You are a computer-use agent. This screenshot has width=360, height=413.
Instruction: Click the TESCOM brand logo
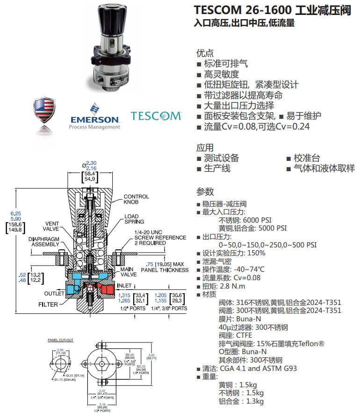tap(156, 116)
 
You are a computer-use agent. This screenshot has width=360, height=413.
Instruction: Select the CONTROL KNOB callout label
tap(136, 200)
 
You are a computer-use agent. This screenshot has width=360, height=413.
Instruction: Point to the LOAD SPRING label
tap(134, 219)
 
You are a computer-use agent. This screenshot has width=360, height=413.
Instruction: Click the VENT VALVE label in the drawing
tap(55, 226)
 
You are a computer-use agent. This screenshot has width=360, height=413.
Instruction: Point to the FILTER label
tap(48, 304)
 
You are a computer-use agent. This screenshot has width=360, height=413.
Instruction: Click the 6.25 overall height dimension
tap(15, 213)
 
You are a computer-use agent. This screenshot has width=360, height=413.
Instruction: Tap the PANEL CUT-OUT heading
tap(58, 340)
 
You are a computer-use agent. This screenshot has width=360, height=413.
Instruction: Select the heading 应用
tap(205, 148)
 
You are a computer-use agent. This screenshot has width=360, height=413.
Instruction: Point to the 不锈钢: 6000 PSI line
tap(245, 220)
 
